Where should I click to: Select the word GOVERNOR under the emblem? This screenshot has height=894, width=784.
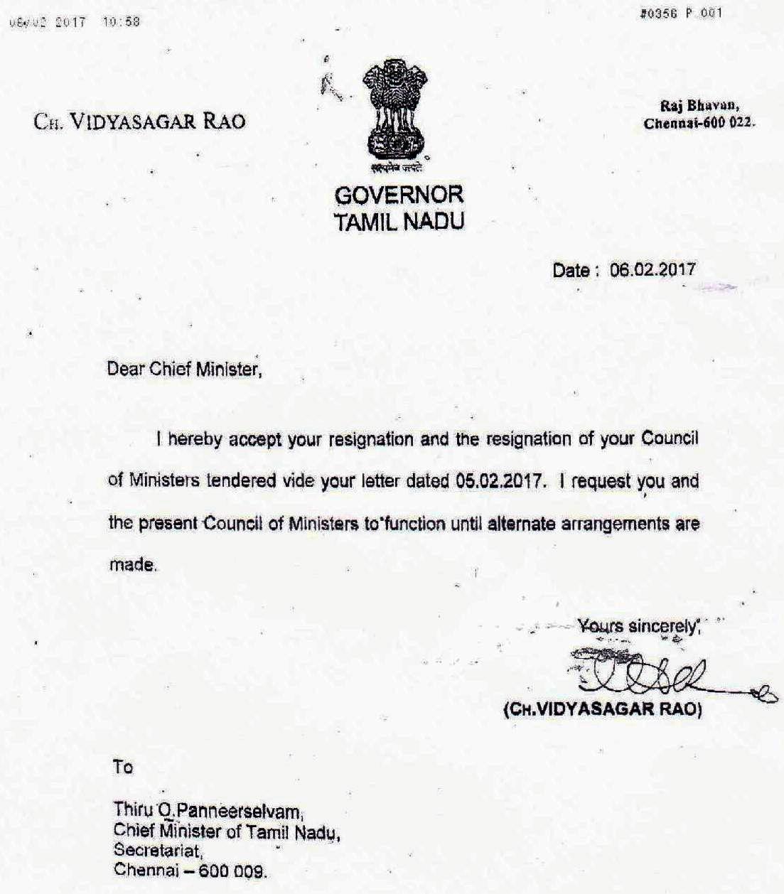click(399, 195)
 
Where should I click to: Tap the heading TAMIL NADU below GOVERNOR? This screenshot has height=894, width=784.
click(399, 222)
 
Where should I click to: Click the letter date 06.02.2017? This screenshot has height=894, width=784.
click(653, 270)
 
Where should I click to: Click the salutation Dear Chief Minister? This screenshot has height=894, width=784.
click(184, 370)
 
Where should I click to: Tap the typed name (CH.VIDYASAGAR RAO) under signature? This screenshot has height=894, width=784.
click(602, 711)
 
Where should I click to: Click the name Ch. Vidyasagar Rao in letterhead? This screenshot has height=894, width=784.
click(139, 121)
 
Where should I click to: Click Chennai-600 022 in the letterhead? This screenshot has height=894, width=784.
click(699, 123)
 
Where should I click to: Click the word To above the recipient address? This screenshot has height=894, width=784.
click(122, 768)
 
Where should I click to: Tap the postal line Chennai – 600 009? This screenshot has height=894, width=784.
click(190, 870)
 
